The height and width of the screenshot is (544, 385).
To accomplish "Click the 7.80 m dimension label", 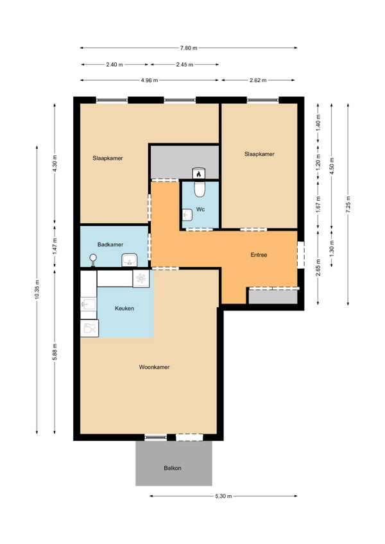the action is (x=189, y=48).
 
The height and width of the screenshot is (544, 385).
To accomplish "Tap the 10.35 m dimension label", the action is (x=37, y=290).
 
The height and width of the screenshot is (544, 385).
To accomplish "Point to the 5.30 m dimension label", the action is (x=223, y=496).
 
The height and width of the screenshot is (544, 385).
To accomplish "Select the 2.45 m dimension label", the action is (x=184, y=65).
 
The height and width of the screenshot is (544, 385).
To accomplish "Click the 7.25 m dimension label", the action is (x=348, y=205).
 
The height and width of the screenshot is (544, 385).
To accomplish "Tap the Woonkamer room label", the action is (x=154, y=367).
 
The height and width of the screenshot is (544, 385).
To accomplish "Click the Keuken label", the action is (x=124, y=309).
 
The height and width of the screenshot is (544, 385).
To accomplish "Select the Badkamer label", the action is (x=110, y=244).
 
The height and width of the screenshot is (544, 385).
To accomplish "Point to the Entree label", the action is (x=259, y=255).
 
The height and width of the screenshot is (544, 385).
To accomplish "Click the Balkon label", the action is (x=173, y=468).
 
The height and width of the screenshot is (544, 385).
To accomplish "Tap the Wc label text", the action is (x=200, y=210).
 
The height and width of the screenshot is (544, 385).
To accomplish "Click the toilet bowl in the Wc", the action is (x=200, y=189).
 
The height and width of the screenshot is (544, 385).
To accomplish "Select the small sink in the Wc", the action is (x=187, y=215).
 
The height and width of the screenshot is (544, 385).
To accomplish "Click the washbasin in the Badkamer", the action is (x=130, y=260).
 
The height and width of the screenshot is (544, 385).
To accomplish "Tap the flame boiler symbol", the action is (x=198, y=173).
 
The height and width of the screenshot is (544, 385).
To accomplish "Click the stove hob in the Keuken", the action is (x=141, y=278).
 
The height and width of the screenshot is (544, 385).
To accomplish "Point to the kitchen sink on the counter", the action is (x=89, y=304).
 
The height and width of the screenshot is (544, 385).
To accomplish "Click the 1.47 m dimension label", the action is (x=55, y=246).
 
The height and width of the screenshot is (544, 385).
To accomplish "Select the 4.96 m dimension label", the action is (x=150, y=80).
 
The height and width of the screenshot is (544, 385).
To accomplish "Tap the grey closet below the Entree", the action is (x=273, y=296).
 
